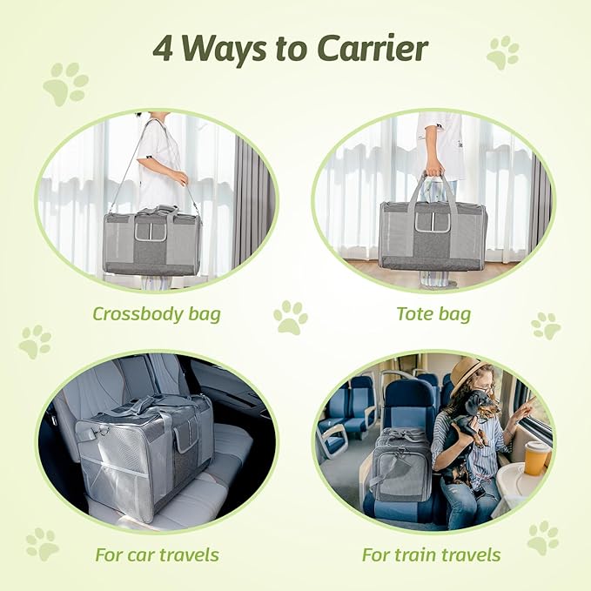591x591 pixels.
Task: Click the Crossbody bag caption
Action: tap(157, 313)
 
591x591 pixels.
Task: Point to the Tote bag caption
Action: tap(433, 313)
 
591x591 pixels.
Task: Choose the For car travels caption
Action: tap(157, 554)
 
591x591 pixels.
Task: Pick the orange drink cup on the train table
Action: tap(536, 458)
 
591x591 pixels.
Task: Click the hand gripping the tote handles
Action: tap(433, 167)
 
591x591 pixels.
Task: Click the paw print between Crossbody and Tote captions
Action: tap(291, 318)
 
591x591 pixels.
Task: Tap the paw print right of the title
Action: tap(502, 52)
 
